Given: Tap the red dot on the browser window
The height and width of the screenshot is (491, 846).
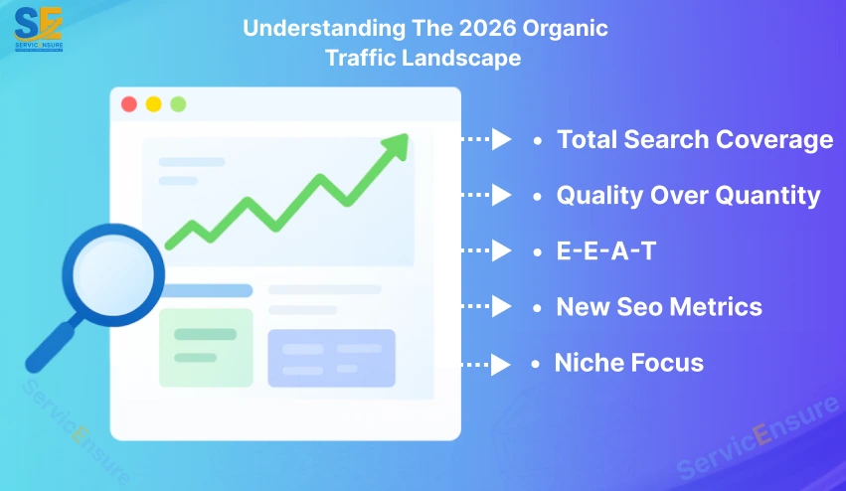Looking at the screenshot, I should [129, 104].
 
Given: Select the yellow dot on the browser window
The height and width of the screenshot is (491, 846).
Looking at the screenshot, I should [153, 104].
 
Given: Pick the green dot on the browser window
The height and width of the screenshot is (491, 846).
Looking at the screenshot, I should [178, 104].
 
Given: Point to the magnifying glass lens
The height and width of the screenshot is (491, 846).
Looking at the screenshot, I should [112, 269].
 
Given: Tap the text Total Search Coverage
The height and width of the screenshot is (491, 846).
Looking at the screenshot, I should [694, 140].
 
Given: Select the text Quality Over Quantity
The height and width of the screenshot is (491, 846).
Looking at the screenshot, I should [688, 195].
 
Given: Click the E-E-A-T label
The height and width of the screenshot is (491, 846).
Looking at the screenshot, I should [605, 250].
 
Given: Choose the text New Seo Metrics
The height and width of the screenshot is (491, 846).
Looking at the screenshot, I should [658, 306].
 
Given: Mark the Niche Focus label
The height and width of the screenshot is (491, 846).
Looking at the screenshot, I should [628, 363].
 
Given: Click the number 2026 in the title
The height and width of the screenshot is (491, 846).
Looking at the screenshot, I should [437, 27].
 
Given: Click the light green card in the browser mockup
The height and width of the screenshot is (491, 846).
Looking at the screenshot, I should [206, 347].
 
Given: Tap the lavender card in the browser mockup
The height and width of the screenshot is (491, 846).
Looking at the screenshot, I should [331, 358].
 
